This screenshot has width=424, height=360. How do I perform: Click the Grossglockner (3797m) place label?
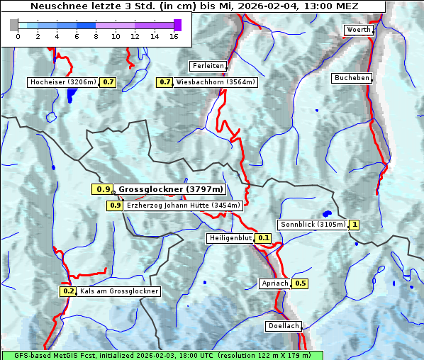171,189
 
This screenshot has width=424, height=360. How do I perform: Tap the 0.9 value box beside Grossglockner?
102,189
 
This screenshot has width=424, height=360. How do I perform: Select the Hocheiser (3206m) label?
62,82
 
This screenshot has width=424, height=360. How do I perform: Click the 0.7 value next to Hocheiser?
108,82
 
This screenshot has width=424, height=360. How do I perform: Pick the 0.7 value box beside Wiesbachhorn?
164,82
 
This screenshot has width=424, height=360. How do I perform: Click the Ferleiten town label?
208,66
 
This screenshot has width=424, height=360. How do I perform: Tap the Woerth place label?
358,30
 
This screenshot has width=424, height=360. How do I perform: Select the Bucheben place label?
352,78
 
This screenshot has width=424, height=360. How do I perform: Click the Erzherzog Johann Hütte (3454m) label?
184,206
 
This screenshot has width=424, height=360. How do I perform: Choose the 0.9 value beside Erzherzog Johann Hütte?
115,206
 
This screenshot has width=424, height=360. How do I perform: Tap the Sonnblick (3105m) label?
313,225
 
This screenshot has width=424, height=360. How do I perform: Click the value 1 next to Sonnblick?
355,225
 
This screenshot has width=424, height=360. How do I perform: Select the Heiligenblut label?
230,238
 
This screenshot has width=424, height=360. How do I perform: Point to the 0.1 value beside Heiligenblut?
264,238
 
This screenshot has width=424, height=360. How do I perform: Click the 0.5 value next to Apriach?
300,283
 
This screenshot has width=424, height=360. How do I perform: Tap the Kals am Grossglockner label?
119,291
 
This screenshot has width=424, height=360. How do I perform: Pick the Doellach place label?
284,327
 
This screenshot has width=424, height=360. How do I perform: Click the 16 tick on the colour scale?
174,36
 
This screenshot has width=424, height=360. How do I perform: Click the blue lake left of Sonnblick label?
327,213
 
